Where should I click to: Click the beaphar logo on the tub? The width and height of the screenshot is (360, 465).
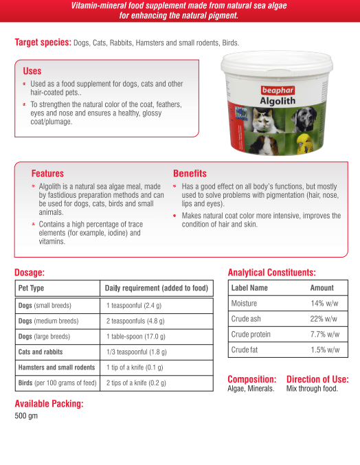tap(277, 89)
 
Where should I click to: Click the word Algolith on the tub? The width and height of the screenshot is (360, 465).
tap(278, 100)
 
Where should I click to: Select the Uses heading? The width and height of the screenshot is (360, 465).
tap(32, 71)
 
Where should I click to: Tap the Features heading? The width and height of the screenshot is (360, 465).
tap(47, 174)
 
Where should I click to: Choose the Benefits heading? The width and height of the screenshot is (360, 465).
tap(190, 174)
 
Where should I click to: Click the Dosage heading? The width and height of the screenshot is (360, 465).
tap(30, 273)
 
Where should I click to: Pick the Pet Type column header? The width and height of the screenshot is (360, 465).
tap(31, 288)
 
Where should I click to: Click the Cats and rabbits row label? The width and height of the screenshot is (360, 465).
tap(41, 352)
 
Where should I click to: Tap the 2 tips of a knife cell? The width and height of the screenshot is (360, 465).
tap(136, 383)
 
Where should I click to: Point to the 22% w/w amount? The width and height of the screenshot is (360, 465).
tap(324, 319)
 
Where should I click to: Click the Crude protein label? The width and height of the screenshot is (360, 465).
tap(251, 334)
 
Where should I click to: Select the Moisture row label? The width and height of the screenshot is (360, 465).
tap(245, 303)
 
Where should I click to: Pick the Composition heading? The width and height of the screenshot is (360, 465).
tap(251, 379)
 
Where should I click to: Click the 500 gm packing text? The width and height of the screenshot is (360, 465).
tap(26, 416)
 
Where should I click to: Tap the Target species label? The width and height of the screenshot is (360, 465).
tap(43, 43)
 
